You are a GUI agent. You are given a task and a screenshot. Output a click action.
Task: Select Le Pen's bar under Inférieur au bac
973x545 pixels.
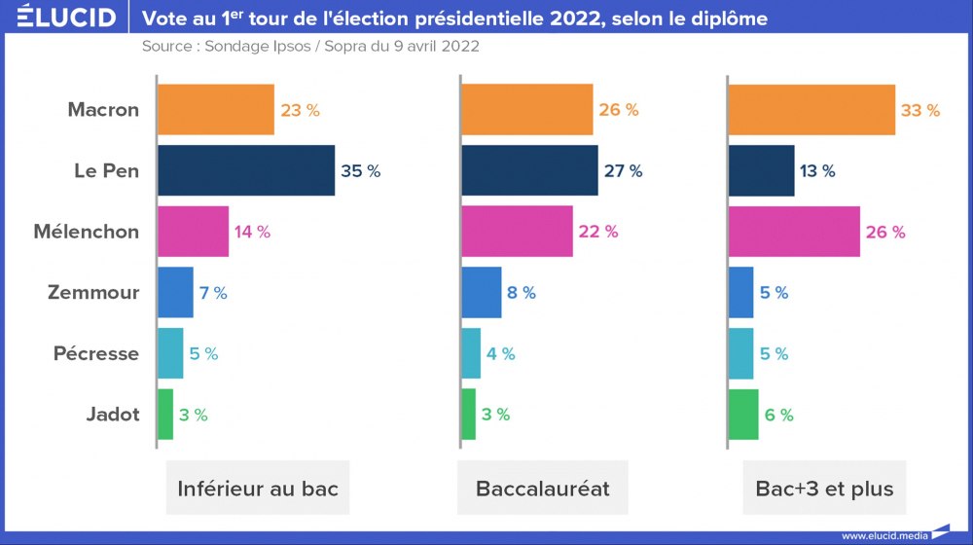click(246, 170)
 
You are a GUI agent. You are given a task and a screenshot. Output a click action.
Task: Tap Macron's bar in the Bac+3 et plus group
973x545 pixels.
click(811, 110)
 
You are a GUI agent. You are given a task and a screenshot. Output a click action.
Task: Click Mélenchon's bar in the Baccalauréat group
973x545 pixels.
click(517, 232)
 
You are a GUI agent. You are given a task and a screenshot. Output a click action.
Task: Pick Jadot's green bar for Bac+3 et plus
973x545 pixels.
click(743, 415)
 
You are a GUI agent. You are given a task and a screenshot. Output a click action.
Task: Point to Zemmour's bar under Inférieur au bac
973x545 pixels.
click(175, 293)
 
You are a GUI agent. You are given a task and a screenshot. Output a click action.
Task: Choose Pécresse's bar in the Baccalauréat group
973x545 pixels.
click(471, 353)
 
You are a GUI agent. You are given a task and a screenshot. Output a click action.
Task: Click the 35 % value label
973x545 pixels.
click(360, 171)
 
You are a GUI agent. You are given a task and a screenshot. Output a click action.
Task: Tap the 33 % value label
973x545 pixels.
click(920, 110)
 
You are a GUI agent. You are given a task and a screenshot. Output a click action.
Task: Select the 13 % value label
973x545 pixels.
click(815, 171)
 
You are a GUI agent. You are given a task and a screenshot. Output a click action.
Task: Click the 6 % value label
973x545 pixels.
click(778, 415)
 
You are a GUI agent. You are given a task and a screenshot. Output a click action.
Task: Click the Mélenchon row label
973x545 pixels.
click(86, 232)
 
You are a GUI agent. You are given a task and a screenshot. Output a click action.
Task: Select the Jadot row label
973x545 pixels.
click(112, 415)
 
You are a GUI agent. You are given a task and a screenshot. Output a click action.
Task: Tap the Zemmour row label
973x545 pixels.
click(93, 293)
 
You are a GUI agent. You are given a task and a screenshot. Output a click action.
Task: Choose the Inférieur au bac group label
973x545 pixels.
click(258, 488)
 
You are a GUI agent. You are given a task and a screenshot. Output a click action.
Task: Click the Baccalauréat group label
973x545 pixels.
click(543, 488)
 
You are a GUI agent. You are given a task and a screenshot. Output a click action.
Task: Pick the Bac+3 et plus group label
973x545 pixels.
click(824, 488)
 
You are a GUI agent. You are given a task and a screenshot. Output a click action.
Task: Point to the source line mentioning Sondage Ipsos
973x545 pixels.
click(309, 47)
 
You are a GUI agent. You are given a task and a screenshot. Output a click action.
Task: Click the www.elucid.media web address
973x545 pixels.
click(883, 535)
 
